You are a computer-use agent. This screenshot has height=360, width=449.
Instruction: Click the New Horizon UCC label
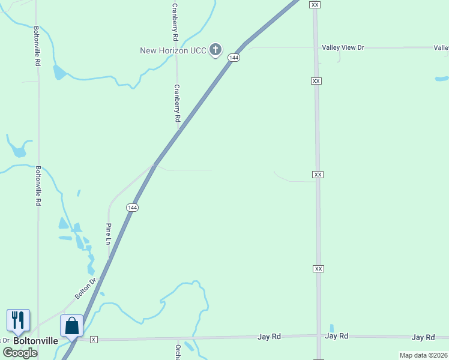pyautogui.click(x=173, y=50)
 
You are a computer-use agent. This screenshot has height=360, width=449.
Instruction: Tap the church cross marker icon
pyautogui.click(x=215, y=50)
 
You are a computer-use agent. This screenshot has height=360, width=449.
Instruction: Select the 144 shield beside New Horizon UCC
pyautogui.click(x=234, y=58)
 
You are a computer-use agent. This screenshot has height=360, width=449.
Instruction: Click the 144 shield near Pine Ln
pyautogui.click(x=133, y=207)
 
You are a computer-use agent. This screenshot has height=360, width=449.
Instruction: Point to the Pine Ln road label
pyautogui.click(x=109, y=234)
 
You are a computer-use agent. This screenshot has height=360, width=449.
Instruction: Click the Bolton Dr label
pyautogui.click(x=86, y=289)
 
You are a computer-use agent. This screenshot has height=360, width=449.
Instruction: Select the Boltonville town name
pyautogui.click(x=36, y=341)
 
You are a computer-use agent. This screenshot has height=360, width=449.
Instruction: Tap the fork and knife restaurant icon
pyautogui.click(x=18, y=320)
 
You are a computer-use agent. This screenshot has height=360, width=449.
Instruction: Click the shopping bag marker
pyautogui.click(x=71, y=326)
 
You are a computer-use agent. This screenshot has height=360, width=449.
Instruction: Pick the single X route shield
pyautogui.click(x=94, y=340)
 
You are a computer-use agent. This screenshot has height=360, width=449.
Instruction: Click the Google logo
pyautogui.click(x=20, y=353)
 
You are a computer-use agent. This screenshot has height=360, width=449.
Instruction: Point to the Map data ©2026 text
pyautogui.click(x=423, y=355)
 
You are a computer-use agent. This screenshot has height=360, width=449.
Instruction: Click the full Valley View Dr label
pyautogui.click(x=343, y=47)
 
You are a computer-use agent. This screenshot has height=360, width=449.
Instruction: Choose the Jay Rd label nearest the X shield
pyautogui.click(x=270, y=337)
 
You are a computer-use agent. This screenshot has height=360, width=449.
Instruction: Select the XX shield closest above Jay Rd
pyautogui.click(x=318, y=268)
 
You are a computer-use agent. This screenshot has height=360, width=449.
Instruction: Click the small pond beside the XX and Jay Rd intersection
pyautogui.click(x=331, y=328)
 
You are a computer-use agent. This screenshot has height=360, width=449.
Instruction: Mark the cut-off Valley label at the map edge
pyautogui.click(x=441, y=47)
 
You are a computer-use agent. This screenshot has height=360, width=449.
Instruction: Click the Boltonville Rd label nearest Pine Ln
pyautogui.click(x=38, y=186)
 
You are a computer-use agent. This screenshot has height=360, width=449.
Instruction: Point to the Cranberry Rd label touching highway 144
pyautogui.click(x=177, y=104)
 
